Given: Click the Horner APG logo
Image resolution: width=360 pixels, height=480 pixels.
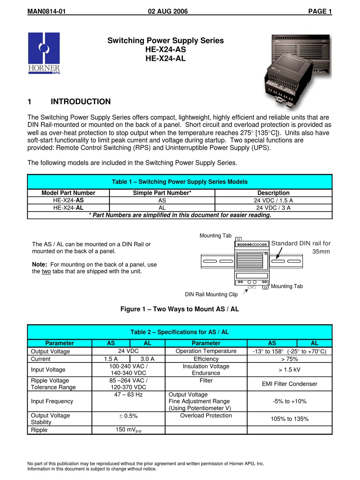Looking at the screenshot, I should [x=44, y=53].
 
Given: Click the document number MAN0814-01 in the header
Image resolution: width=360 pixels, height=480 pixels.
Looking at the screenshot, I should [x=47, y=11].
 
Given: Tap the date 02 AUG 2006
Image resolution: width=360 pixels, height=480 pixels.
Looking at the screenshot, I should [x=167, y=11].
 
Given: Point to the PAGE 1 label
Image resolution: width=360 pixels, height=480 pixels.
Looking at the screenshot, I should [x=320, y=11].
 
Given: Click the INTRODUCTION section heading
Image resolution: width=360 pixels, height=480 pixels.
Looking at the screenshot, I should [x=80, y=102].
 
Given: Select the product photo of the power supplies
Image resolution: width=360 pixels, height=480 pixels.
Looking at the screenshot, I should [x=297, y=72].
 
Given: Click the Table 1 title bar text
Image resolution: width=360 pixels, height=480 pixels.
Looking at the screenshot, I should [x=180, y=182].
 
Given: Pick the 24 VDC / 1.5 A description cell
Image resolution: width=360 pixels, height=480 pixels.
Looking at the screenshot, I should [x=273, y=201].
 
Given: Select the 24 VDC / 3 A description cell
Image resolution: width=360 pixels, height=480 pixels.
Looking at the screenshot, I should [x=273, y=208].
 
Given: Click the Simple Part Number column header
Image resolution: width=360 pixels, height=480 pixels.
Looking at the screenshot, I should [x=162, y=193].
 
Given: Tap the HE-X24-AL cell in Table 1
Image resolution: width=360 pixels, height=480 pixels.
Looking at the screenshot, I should [x=68, y=208].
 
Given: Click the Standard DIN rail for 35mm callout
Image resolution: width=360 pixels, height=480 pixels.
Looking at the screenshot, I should [x=301, y=247].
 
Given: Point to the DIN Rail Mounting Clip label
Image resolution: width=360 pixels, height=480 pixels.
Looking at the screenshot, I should [x=211, y=295].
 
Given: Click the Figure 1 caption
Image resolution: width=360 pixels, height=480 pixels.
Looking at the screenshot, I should [x=180, y=309].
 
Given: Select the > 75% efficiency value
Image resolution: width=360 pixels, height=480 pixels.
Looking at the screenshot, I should [x=290, y=359].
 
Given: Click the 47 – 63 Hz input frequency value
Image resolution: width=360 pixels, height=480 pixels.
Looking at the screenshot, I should [x=128, y=395].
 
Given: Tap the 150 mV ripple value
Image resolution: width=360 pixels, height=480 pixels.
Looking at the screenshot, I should [x=128, y=430].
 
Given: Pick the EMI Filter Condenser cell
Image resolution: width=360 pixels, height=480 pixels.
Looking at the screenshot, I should [x=290, y=384].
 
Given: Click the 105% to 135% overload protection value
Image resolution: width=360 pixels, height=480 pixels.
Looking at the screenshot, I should [x=290, y=419].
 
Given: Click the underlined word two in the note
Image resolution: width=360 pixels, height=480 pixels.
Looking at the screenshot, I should [x=46, y=271].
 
